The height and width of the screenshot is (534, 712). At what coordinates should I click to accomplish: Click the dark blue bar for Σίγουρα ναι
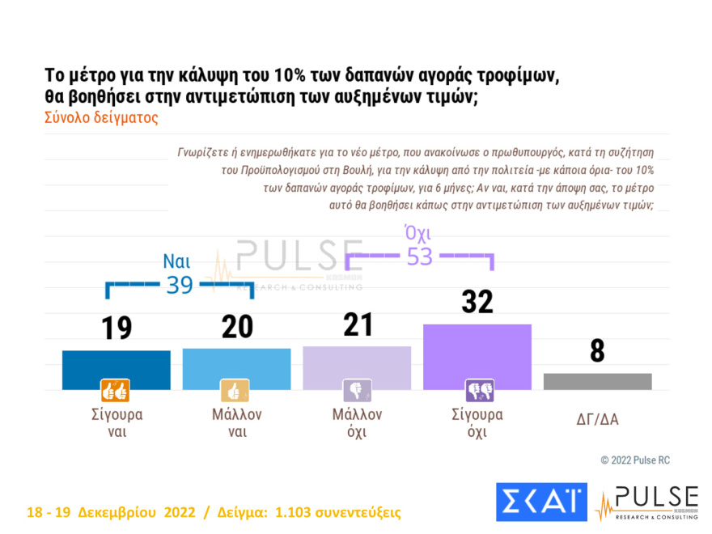(x=116, y=370)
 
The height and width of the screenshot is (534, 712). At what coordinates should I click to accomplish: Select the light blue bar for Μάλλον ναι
(x=235, y=369)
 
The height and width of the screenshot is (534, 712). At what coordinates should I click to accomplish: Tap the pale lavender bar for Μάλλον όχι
(x=356, y=367)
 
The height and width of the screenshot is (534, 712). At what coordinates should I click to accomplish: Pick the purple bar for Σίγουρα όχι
(x=477, y=357)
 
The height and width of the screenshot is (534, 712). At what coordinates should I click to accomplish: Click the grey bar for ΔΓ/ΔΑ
(x=597, y=381)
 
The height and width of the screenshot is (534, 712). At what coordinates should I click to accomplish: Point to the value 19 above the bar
(x=116, y=328)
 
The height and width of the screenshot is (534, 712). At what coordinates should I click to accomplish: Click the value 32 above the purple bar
(x=477, y=301)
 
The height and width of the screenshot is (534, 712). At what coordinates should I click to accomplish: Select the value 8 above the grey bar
(x=597, y=351)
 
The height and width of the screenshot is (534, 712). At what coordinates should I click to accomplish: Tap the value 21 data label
(x=356, y=324)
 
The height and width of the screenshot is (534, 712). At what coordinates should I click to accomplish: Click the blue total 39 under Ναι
(x=180, y=285)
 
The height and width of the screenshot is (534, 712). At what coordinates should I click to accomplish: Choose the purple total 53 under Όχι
(x=419, y=256)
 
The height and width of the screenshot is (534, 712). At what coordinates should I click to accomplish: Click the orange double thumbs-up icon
(x=115, y=391)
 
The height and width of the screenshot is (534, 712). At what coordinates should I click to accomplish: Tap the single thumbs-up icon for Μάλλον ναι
(x=235, y=391)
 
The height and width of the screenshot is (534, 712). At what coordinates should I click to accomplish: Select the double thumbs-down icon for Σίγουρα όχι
(x=477, y=391)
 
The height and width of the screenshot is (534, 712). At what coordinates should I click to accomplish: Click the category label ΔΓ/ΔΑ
(x=597, y=419)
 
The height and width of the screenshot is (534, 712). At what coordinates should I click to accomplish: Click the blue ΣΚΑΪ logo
(x=540, y=502)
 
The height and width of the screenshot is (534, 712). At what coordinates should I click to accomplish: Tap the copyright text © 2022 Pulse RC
(x=635, y=460)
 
